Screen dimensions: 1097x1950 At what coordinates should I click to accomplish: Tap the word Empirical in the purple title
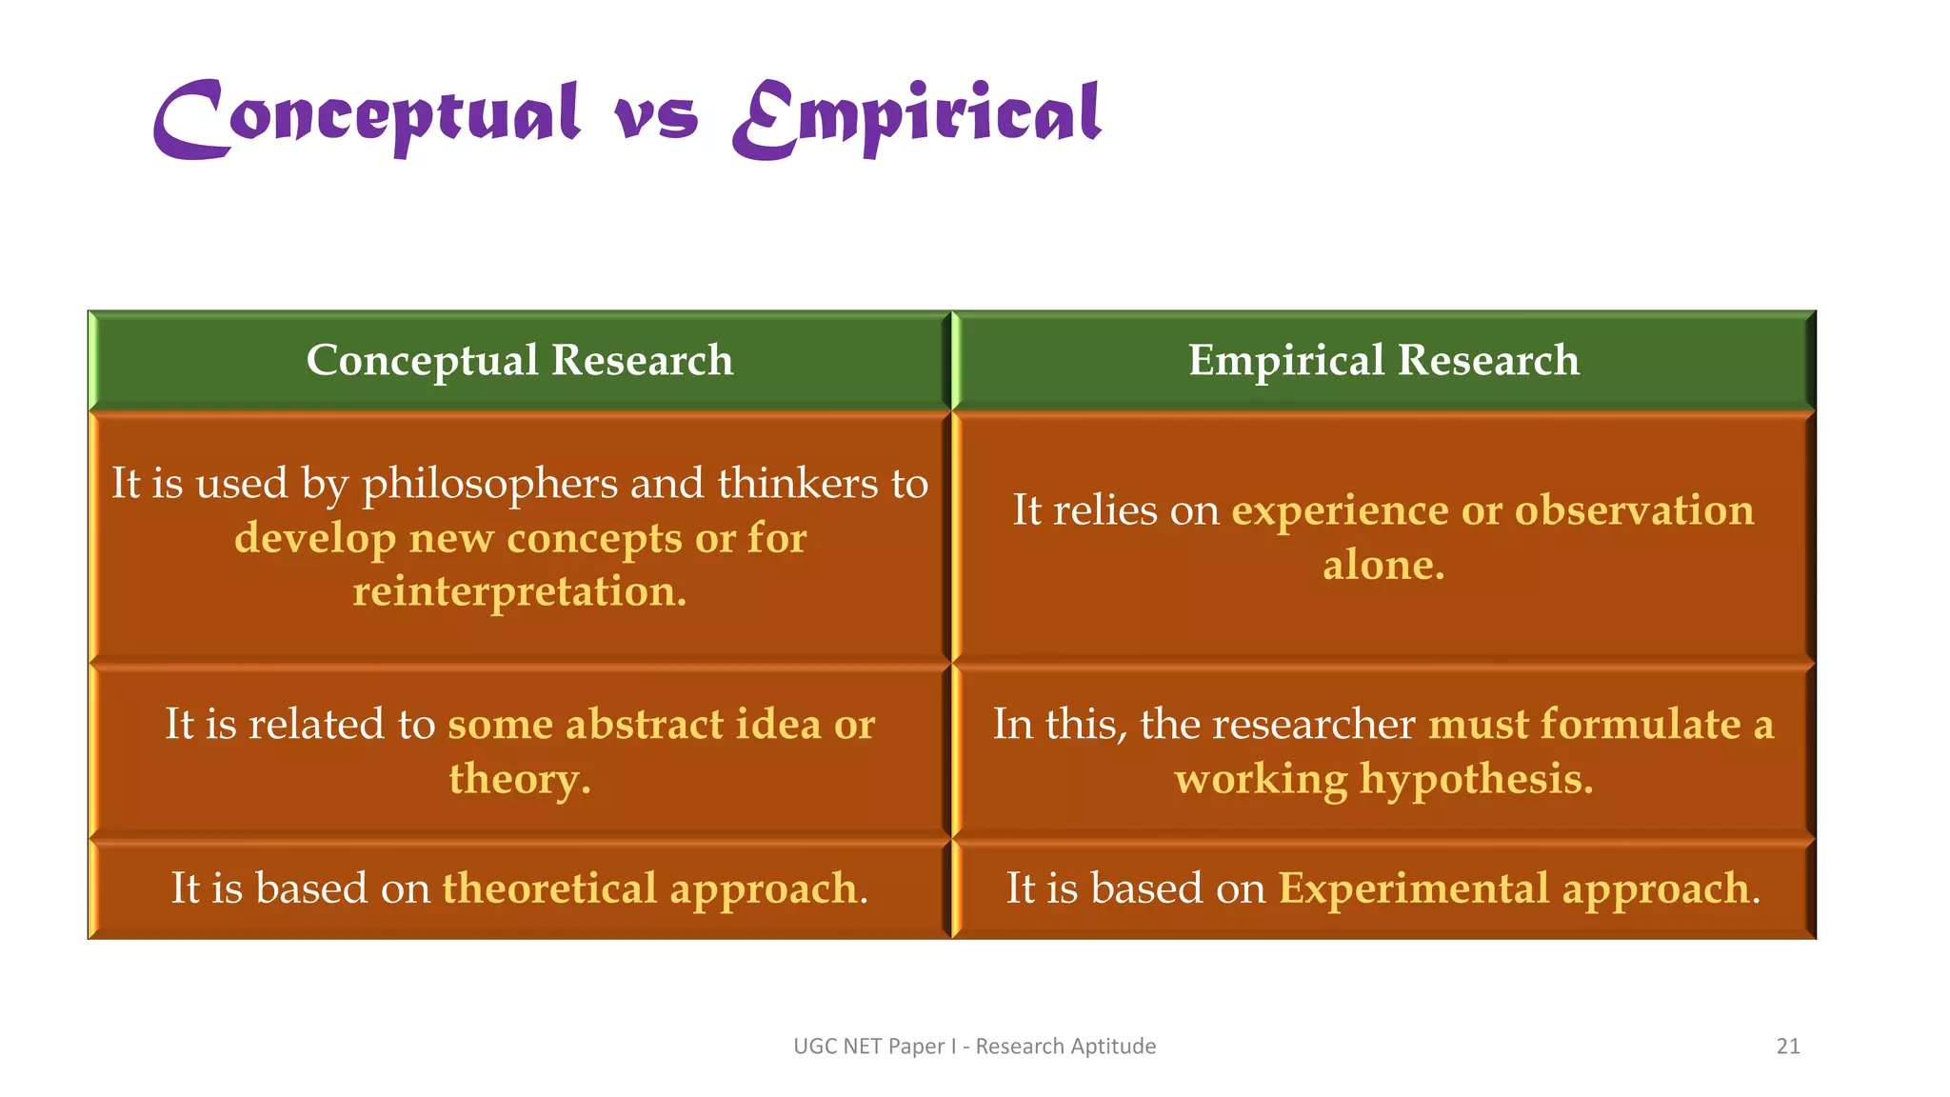click(917, 118)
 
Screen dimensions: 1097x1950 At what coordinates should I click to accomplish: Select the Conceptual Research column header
click(520, 361)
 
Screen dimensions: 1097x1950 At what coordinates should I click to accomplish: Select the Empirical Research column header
click(1383, 361)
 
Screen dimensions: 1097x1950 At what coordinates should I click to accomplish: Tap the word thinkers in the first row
click(798, 483)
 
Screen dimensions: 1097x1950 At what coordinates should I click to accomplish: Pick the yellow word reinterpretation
click(520, 592)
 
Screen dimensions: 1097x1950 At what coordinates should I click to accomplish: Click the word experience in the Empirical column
click(1340, 511)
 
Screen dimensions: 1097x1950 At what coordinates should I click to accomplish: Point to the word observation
click(1634, 510)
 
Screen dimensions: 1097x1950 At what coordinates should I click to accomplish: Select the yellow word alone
click(1383, 566)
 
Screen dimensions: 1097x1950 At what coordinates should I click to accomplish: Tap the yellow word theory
click(520, 779)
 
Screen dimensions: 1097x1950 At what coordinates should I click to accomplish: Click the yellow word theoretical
click(549, 888)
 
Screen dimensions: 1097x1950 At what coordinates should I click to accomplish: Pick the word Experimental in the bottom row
click(1413, 888)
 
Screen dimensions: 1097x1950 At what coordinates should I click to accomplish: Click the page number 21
click(1788, 1047)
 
